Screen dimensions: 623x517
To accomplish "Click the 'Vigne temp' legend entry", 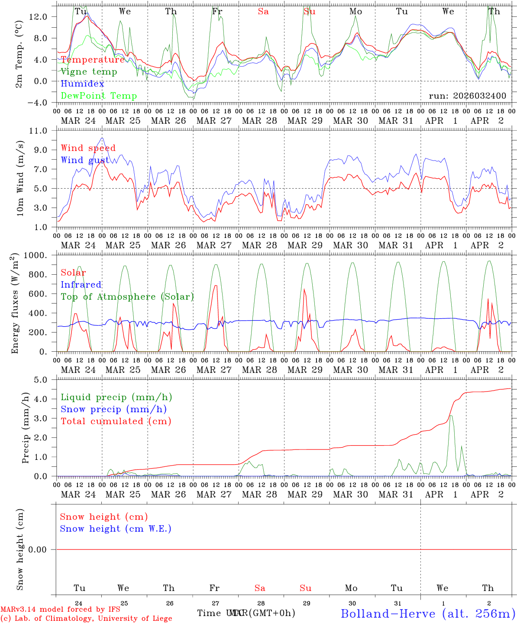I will (89, 72).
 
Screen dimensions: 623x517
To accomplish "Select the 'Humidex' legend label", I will (82, 84).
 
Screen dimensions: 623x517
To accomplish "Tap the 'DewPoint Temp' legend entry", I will (99, 96).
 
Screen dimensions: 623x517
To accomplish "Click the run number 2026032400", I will (467, 96).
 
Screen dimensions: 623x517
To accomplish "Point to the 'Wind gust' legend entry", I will (85, 160).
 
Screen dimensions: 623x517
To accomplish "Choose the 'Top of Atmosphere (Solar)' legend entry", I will (127, 297).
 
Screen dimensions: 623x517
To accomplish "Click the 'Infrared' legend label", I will (81, 285).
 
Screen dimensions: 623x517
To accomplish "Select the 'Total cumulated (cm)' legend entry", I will (116, 421).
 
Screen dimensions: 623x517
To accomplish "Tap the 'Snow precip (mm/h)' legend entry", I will (114, 409).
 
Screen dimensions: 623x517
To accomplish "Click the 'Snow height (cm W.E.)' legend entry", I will (116, 529).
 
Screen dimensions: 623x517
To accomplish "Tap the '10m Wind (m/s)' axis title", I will (20, 179).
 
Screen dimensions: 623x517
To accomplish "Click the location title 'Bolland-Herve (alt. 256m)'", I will (428, 613).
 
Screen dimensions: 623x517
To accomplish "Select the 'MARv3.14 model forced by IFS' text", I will (60, 610).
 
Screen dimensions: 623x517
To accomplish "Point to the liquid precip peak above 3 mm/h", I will (451, 416).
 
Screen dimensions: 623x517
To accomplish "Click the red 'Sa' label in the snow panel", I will (260, 588).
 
